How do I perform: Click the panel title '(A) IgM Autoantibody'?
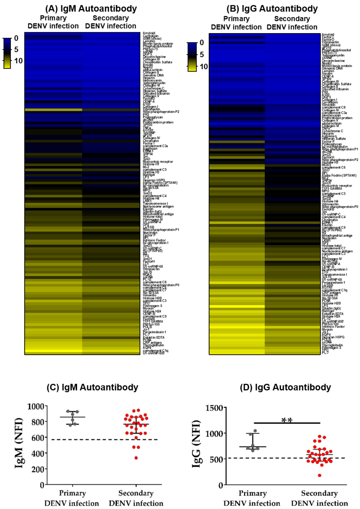(91, 8)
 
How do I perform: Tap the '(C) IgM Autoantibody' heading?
(93, 387)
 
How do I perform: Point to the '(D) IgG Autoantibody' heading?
(285, 387)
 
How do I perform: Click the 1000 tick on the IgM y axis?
(36, 406)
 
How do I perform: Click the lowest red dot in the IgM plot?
(136, 458)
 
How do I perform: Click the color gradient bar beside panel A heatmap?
(7, 53)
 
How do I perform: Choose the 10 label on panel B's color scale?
(204, 67)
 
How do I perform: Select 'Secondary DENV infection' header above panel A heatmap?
(110, 22)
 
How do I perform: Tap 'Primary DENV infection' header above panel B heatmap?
(236, 23)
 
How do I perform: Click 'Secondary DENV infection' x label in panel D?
(319, 498)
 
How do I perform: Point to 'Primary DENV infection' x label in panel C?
(72, 498)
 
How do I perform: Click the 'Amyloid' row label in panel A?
(149, 33)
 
